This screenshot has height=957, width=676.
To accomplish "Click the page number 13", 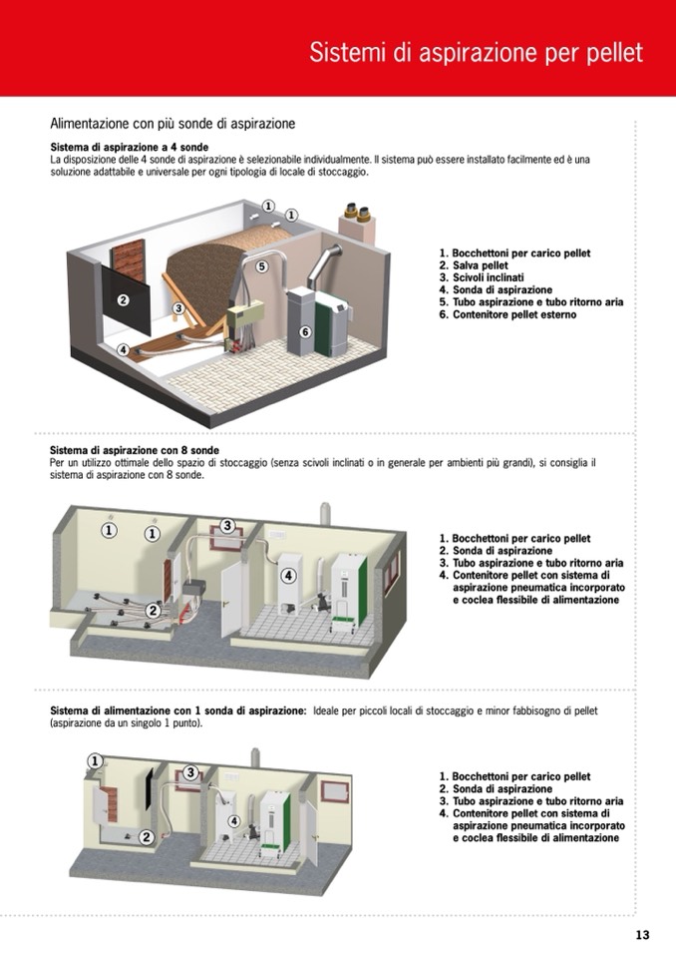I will tap(642, 935).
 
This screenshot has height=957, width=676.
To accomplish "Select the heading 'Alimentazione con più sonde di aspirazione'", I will tap(172, 125).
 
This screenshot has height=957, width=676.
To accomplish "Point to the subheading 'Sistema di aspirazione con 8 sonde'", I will tap(135, 450).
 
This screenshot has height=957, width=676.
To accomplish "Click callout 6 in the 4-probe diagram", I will tap(305, 332).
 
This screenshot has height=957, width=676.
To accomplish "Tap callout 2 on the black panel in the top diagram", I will tap(123, 300).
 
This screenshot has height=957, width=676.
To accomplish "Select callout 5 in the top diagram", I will tap(262, 266).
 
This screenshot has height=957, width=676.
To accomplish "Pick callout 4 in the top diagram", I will tap(123, 350).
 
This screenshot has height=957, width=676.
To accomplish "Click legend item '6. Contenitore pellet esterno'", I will tap(507, 314).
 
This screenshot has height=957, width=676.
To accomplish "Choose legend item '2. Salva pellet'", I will tap(474, 265).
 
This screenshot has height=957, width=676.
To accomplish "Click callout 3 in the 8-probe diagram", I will tap(227, 525).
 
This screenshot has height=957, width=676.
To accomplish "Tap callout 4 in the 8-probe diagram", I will tap(288, 576).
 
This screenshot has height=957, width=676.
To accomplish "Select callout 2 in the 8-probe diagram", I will tap(153, 610).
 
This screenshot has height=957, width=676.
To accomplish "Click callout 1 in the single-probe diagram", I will tap(96, 760).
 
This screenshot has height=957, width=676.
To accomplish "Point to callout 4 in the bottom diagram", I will tap(234, 821).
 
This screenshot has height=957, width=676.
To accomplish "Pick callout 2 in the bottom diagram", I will tap(147, 837).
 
